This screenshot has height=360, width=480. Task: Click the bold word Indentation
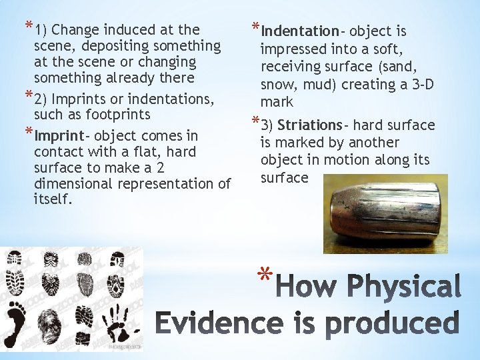(x=299, y=31)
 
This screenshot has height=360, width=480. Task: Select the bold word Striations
(x=309, y=125)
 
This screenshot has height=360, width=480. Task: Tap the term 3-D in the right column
(x=417, y=85)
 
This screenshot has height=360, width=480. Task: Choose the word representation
(x=173, y=184)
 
